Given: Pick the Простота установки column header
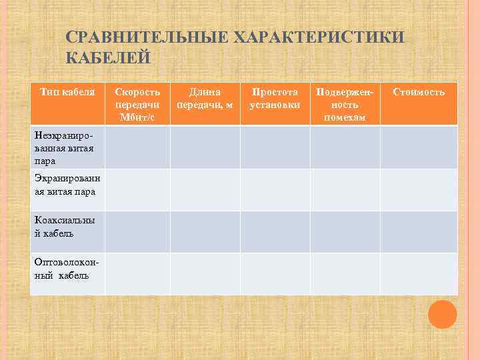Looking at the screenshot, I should (x=275, y=98).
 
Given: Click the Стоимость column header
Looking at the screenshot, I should (x=419, y=92).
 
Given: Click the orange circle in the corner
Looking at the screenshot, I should (x=443, y=314).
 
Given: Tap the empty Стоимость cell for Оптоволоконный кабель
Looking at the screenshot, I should (x=419, y=273).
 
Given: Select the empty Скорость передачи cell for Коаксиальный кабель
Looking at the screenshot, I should (x=137, y=231).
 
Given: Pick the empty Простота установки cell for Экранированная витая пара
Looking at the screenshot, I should (x=275, y=189).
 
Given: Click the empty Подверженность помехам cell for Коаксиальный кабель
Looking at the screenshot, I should (x=345, y=231).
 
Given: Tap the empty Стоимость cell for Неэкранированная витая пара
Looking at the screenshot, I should (x=419, y=147).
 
